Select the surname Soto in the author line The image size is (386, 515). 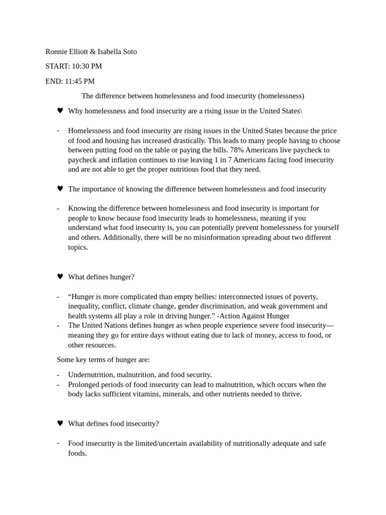pos(127,51)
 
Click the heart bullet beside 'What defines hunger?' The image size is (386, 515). pos(60,277)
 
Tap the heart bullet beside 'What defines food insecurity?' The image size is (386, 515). pos(60,423)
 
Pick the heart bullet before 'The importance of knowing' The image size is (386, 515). pos(60,189)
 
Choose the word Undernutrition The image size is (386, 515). pos(92,375)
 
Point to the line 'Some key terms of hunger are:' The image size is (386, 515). pos(103,360)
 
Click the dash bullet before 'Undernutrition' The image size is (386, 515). pos(58,375)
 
